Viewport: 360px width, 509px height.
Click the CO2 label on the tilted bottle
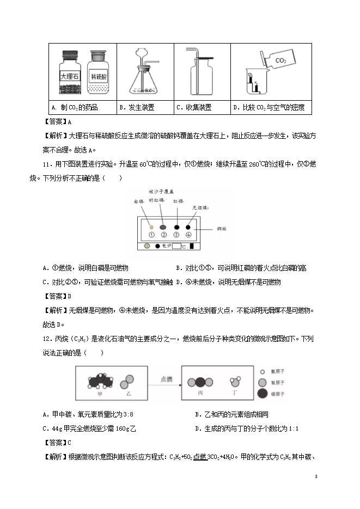[x=281, y=60]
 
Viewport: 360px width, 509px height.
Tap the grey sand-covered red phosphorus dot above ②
[x=163, y=227]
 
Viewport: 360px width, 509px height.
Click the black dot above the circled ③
[x=176, y=227]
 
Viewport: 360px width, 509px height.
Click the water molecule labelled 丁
[x=236, y=380]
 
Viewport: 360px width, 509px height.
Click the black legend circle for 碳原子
[x=262, y=394]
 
